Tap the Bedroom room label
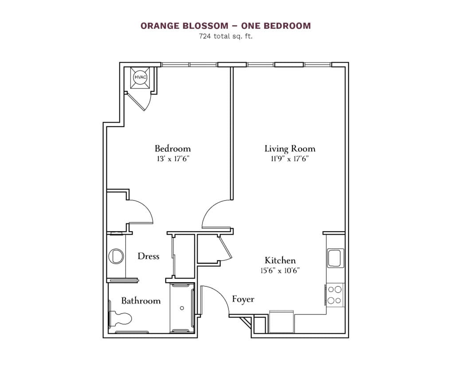click(172, 148)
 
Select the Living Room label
click(290, 149)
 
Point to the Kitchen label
click(280, 260)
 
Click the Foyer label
click(243, 299)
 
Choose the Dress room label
click(148, 256)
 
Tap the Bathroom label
click(141, 301)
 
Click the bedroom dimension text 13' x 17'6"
click(172, 159)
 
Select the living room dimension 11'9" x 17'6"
click(290, 159)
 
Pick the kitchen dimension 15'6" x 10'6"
click(280, 271)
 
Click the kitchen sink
click(334, 258)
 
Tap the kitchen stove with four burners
click(335, 295)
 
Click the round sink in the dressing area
click(116, 256)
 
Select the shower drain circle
click(182, 308)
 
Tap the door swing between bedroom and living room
click(216, 213)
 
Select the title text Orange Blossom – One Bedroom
click(226, 26)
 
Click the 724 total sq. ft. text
click(226, 37)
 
